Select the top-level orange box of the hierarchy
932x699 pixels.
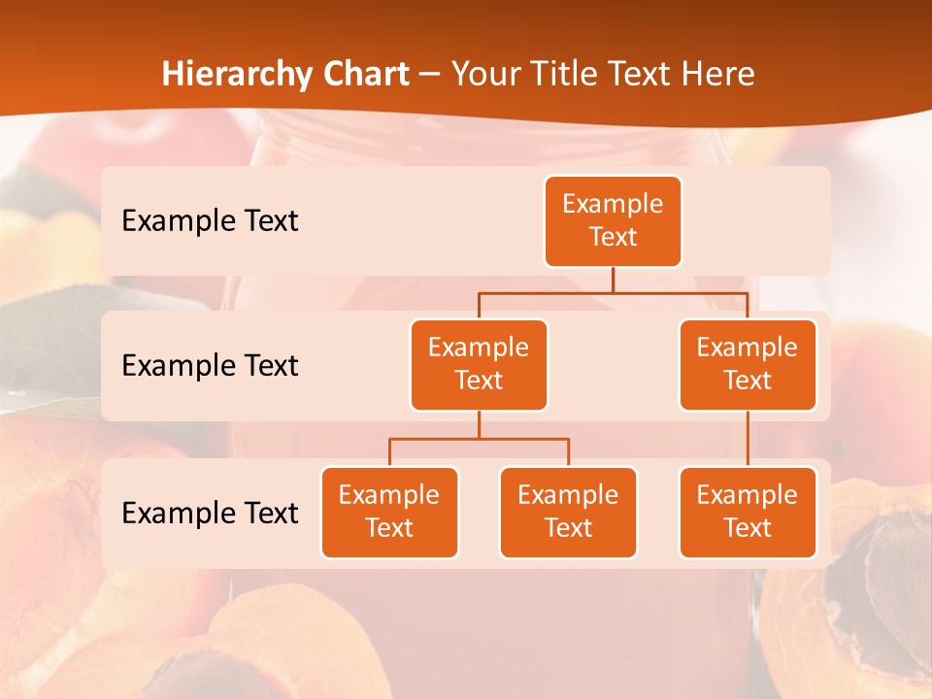click(x=613, y=221)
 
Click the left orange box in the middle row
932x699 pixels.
click(x=479, y=365)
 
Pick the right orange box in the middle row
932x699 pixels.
click(x=748, y=365)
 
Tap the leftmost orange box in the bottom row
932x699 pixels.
click(x=389, y=513)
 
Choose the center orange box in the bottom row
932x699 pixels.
click(x=568, y=513)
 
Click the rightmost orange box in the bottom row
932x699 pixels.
click(x=748, y=513)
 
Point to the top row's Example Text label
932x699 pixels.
click(x=210, y=221)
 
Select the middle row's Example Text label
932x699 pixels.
click(x=210, y=366)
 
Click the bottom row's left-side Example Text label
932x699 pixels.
click(x=210, y=514)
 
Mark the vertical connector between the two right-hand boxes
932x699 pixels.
click(x=748, y=439)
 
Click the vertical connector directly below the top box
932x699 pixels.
click(x=613, y=280)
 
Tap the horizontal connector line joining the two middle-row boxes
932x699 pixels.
click(x=613, y=292)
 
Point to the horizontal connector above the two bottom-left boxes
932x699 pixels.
click(x=479, y=439)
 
